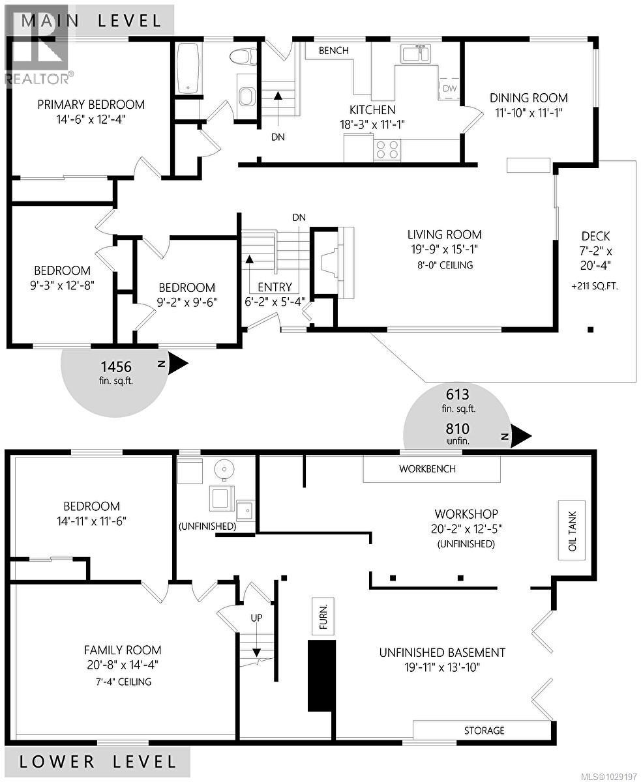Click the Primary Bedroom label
(91, 104)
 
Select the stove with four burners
(387, 150)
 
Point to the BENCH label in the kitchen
(333, 50)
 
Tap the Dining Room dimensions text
(528, 112)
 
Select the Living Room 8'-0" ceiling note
(444, 265)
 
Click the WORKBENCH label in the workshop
(427, 469)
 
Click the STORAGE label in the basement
(484, 730)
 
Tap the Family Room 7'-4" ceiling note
(122, 682)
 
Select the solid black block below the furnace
(321, 675)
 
